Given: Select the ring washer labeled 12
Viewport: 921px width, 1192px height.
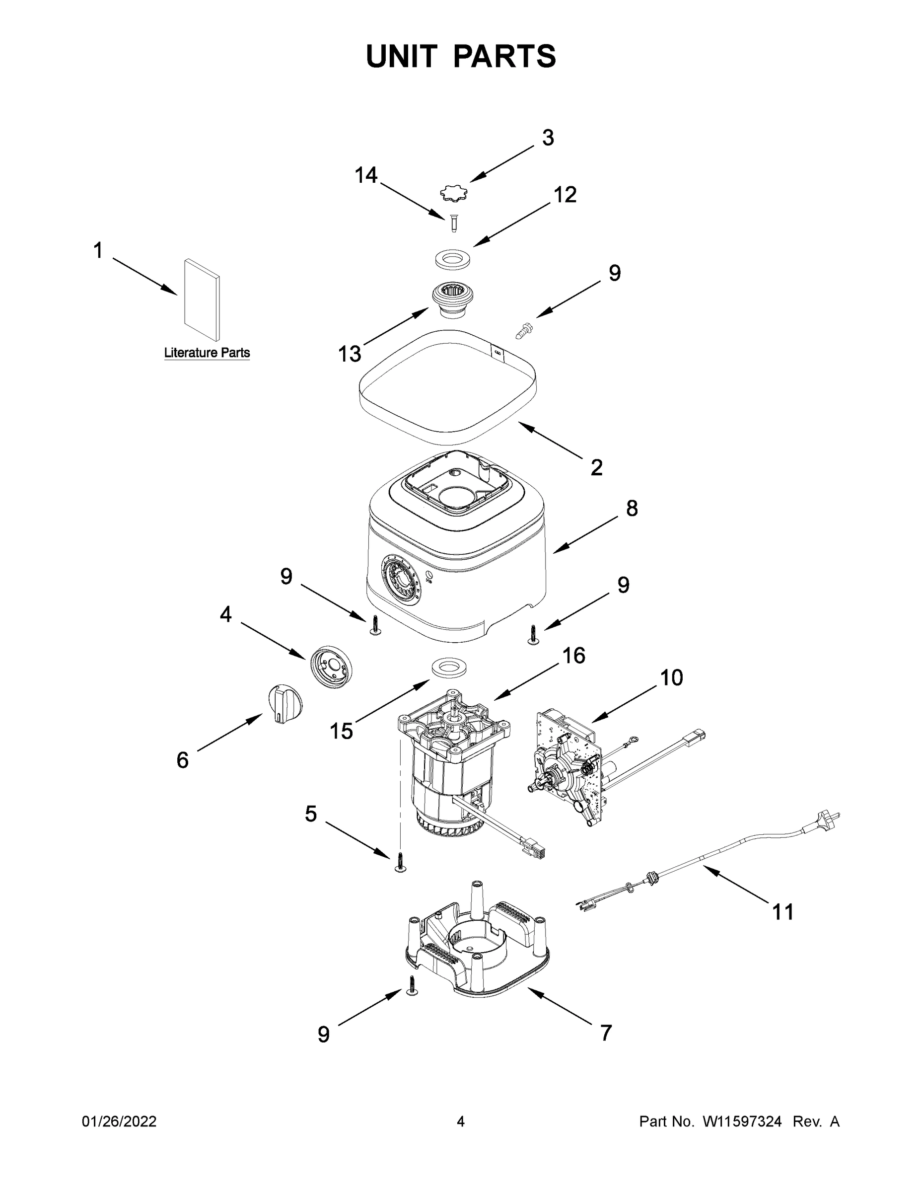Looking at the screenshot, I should point(453,259).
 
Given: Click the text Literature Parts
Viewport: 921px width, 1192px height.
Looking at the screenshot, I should point(207,353).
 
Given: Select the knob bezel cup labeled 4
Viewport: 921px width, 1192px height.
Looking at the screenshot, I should point(331,667).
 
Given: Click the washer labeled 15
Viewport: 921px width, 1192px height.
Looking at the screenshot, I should point(448,668).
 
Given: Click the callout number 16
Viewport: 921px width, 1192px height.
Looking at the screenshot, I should point(573,656).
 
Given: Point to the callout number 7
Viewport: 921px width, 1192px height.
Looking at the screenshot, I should point(606,1033).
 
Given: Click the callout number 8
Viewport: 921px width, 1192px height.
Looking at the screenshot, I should point(631,508).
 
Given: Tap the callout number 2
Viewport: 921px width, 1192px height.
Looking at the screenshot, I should point(596,467).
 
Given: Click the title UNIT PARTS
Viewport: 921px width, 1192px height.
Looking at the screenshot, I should point(461,56).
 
